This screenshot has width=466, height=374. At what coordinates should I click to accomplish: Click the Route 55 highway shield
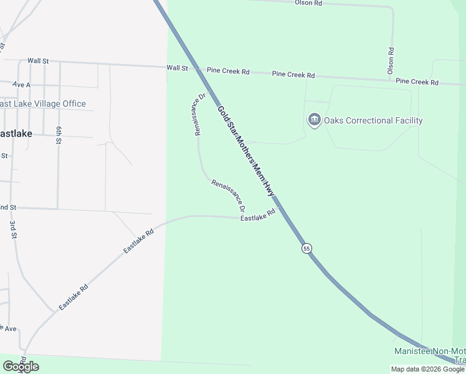pyautogui.click(x=307, y=248)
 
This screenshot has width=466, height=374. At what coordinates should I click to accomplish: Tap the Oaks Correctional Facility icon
pyautogui.click(x=314, y=120)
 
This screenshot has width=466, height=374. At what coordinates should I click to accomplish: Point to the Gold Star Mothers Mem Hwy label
pyautogui.click(x=246, y=148)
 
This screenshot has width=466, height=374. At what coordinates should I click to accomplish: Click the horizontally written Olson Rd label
pyautogui.click(x=308, y=3)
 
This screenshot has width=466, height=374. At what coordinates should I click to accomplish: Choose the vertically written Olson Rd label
pyautogui.click(x=391, y=61)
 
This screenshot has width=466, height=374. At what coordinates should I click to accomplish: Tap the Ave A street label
pyautogui.click(x=21, y=84)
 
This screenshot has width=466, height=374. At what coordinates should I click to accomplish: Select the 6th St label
pyautogui.click(x=59, y=135)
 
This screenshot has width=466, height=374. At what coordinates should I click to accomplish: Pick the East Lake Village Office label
pyautogui.click(x=42, y=103)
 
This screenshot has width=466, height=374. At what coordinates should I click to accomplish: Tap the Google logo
pyautogui.click(x=21, y=367)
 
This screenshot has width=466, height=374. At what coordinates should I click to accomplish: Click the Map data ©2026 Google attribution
pyautogui.click(x=427, y=369)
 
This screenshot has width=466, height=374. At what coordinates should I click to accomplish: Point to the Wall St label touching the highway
pyautogui.click(x=177, y=67)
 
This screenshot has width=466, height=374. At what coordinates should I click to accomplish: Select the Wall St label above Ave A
pyautogui.click(x=38, y=60)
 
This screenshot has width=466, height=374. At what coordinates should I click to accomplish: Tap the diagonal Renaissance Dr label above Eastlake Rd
pyautogui.click(x=228, y=195)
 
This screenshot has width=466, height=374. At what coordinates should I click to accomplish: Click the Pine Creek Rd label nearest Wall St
pyautogui.click(x=228, y=72)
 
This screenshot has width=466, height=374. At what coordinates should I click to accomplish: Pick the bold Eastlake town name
pyautogui.click(x=16, y=133)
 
